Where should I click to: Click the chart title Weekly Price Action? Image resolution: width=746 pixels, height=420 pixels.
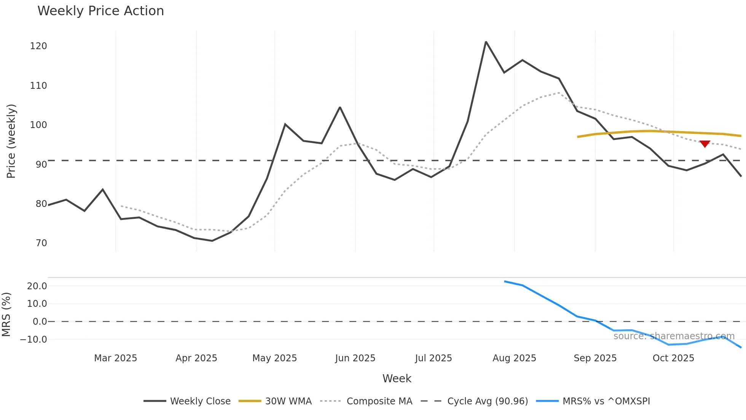(x=100, y=11)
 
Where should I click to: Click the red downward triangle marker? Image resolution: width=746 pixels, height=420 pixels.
(x=705, y=144)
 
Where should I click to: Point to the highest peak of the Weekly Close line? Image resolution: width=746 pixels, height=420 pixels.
(x=486, y=42)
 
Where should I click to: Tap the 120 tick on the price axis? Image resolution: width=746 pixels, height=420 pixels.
(x=38, y=46)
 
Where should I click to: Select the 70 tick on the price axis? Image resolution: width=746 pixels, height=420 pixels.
(x=41, y=243)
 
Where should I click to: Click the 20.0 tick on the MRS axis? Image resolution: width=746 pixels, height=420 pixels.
(x=37, y=286)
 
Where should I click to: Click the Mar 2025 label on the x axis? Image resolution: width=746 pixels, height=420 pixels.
(x=115, y=358)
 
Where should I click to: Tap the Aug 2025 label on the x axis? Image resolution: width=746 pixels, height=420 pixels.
(x=514, y=358)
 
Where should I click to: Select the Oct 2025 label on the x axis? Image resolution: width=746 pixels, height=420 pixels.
(x=673, y=358)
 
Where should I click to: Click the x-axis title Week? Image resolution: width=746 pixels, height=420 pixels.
(x=397, y=378)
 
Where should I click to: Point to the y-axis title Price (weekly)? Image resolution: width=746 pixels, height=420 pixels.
(x=11, y=141)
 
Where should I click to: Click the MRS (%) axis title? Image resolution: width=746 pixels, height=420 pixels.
(x=6, y=314)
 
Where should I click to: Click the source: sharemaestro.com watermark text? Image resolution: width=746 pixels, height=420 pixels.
(x=674, y=336)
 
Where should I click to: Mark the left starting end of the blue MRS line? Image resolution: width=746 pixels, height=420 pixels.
(x=505, y=282)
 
